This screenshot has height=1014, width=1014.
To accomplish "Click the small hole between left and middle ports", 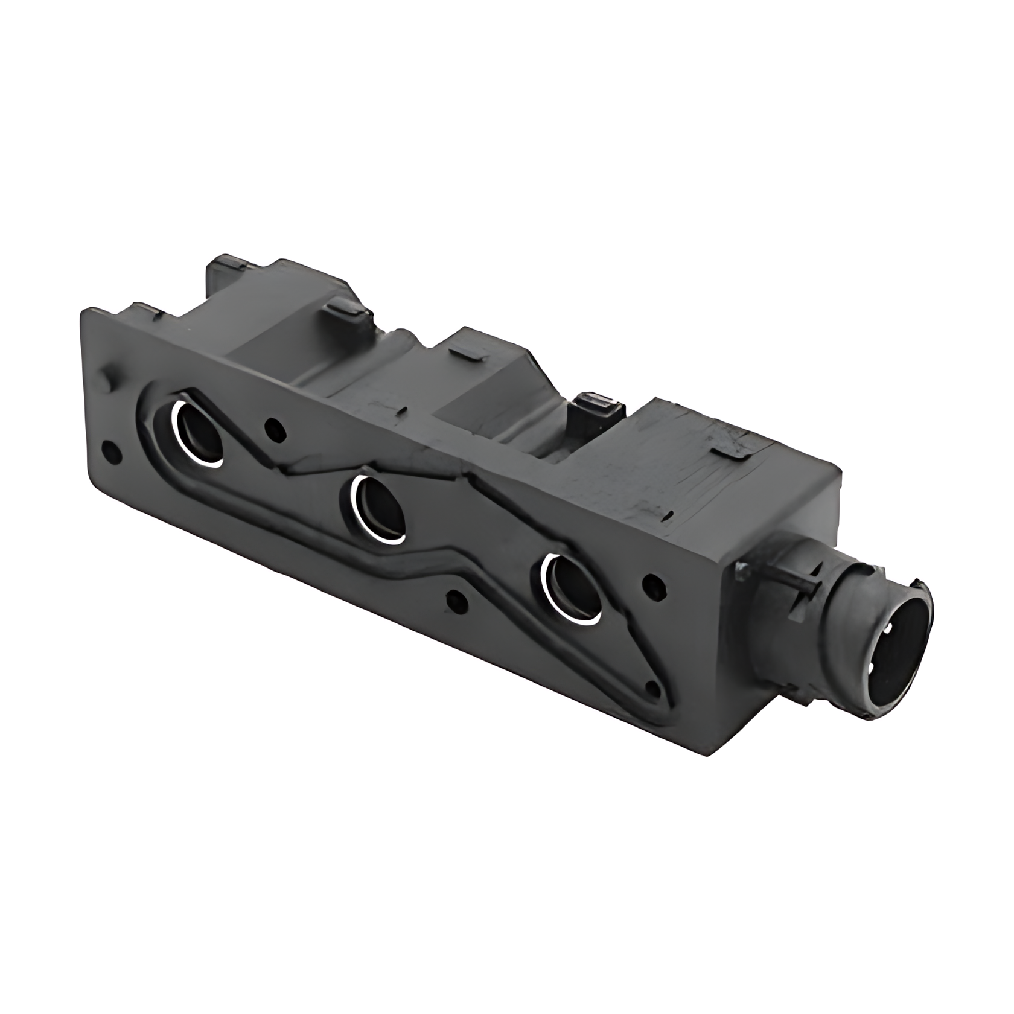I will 275,429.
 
